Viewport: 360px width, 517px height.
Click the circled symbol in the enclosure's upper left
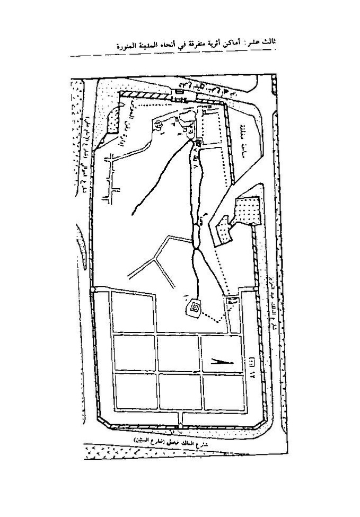158,125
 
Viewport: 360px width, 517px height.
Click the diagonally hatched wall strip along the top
148,95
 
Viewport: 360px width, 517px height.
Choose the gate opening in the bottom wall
181,422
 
